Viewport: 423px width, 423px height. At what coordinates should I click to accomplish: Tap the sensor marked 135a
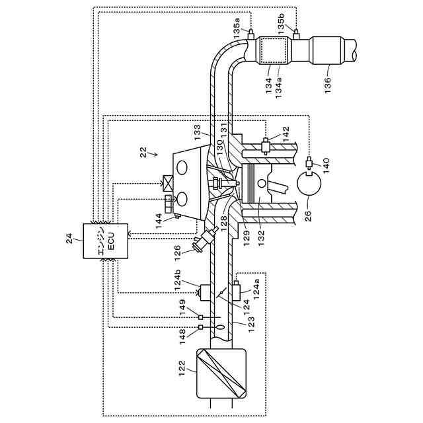point(251,32)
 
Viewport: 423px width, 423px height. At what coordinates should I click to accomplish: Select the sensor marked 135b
point(295,32)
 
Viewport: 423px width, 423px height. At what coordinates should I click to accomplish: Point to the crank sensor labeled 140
point(309,163)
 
